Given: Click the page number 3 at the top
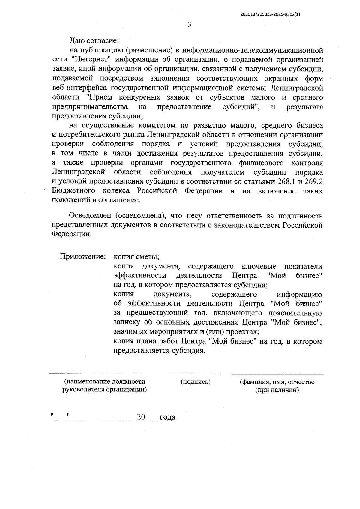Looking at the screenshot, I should [189, 25].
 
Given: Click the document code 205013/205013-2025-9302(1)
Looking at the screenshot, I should [270, 14].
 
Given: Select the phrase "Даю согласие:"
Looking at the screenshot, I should [94, 41].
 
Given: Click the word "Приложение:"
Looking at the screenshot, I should [83, 257].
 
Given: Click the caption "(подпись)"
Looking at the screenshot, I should [196, 382].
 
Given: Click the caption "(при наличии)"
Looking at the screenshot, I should [277, 390].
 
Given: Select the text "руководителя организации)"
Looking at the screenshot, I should [104, 390].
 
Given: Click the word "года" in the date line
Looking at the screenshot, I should [167, 417].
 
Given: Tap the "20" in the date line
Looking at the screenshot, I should [141, 417].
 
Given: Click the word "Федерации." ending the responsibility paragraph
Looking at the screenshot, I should [71, 235].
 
